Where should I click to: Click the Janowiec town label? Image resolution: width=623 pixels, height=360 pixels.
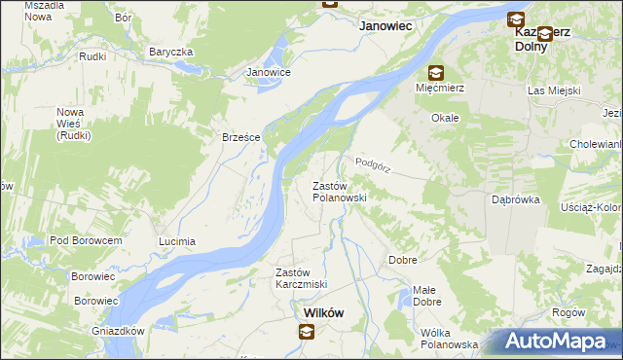388,28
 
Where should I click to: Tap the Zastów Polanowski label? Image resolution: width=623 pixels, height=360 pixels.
338,191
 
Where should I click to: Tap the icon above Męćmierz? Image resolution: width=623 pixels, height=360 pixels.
435,72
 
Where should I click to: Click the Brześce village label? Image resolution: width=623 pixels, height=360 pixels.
240,137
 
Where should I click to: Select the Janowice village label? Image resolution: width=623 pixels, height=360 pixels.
269,72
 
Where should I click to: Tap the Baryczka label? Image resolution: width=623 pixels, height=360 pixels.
171,52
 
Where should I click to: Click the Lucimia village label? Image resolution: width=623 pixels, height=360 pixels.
177,240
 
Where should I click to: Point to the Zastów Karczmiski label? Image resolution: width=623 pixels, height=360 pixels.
300,277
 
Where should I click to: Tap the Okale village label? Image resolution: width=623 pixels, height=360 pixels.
446,117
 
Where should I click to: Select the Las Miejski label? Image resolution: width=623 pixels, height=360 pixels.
553,90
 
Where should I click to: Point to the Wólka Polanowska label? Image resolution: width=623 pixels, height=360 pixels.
449,339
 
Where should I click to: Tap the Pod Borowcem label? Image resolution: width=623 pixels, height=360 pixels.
86,240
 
